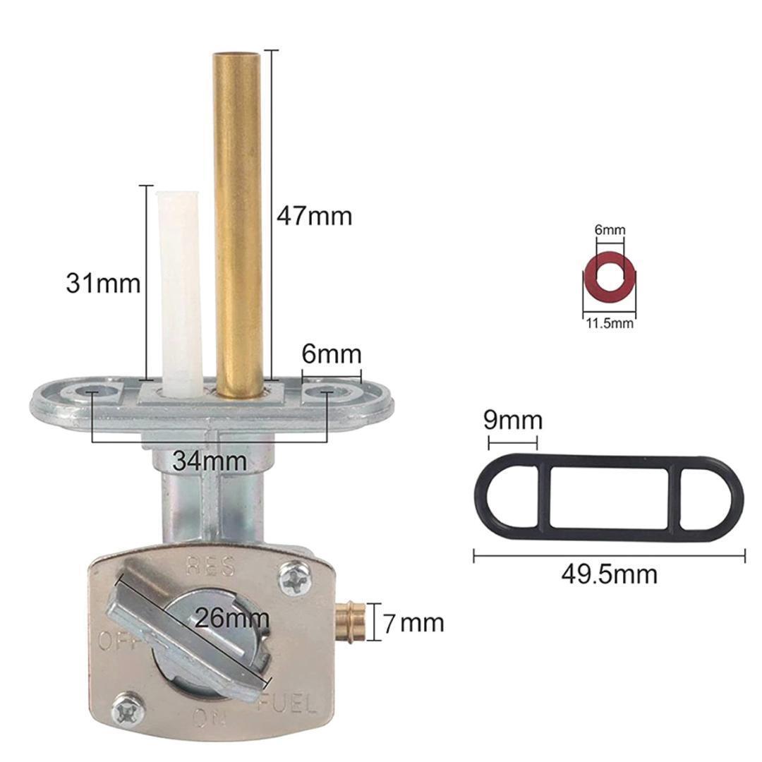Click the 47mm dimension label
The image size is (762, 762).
(x=315, y=215)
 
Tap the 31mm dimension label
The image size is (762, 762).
(x=103, y=283)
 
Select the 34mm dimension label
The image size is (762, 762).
(x=210, y=461)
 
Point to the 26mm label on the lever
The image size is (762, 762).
(x=232, y=618)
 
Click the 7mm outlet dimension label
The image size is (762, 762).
(x=413, y=623)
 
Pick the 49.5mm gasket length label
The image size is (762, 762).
(x=610, y=574)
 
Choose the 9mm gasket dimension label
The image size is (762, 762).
(x=513, y=420)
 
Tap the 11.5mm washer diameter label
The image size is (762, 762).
(x=610, y=323)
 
